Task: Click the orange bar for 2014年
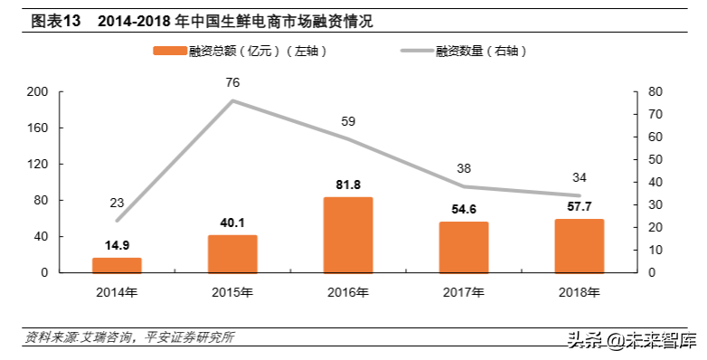point(117,265)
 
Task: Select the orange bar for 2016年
point(348,235)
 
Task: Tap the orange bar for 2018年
point(580,246)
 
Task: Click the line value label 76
point(232,82)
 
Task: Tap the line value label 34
point(580,177)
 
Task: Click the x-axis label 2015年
point(232,292)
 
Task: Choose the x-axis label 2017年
point(464,292)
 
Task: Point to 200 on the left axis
point(38,92)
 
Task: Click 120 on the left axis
point(38,165)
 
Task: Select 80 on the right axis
point(655,92)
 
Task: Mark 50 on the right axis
point(655,160)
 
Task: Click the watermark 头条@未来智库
point(632,341)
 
